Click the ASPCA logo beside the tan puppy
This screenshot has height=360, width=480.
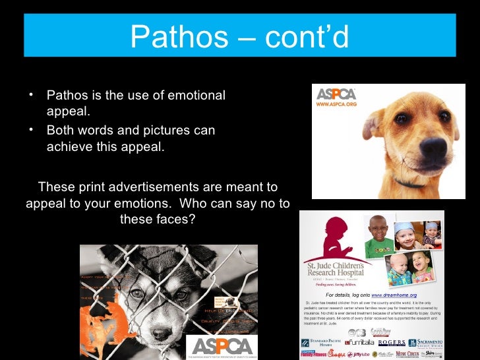click(336, 94)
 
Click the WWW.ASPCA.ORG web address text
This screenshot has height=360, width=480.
click(336, 105)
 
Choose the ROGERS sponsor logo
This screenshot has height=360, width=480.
click(392, 343)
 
